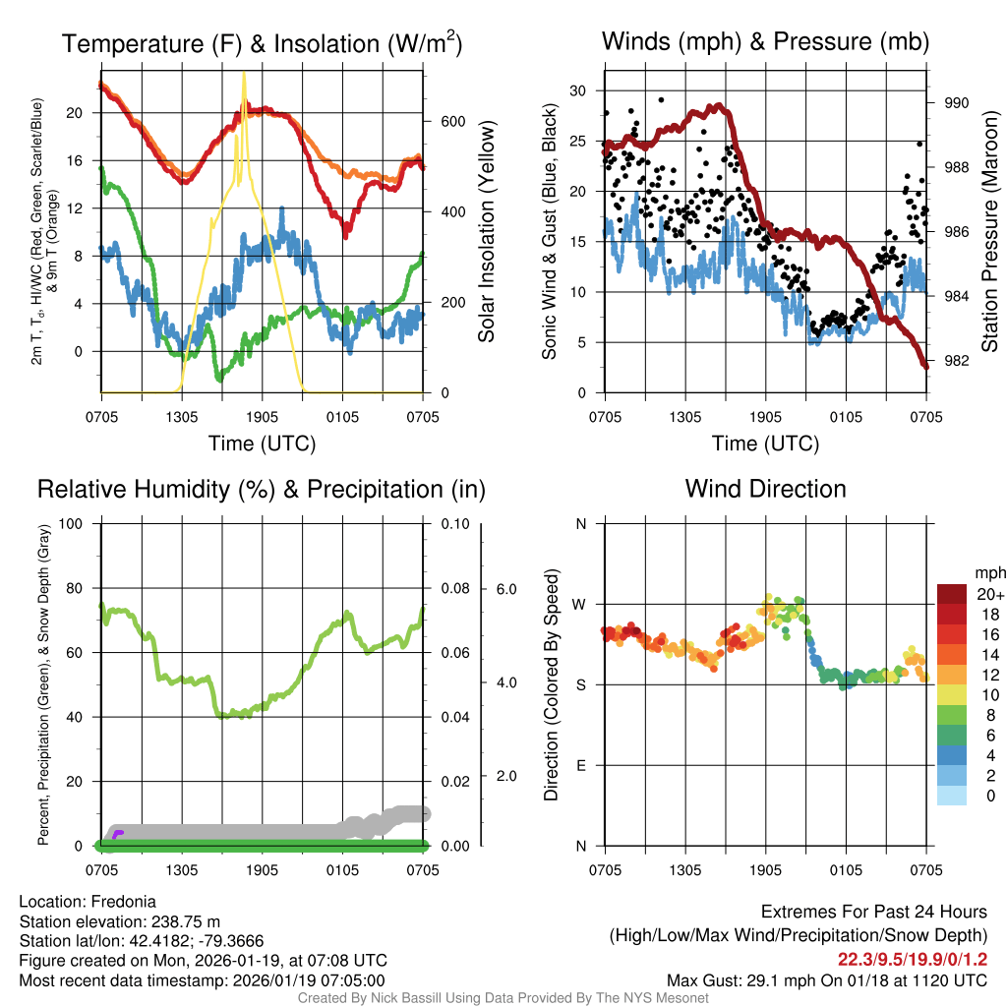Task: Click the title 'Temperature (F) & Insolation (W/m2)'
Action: coord(262,44)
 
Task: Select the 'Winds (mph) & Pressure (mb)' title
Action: coord(765,41)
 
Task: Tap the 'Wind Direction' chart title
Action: coord(765,489)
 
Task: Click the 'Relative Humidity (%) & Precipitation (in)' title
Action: coord(262,489)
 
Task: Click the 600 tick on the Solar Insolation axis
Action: coord(451,122)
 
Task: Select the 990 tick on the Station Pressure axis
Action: coord(957,103)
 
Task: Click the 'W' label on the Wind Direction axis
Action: coord(580,605)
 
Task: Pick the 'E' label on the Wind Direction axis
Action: coord(581,765)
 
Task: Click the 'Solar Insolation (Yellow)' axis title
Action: coord(486,232)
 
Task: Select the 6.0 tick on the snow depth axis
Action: coord(505,590)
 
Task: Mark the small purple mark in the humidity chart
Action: coord(118,834)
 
